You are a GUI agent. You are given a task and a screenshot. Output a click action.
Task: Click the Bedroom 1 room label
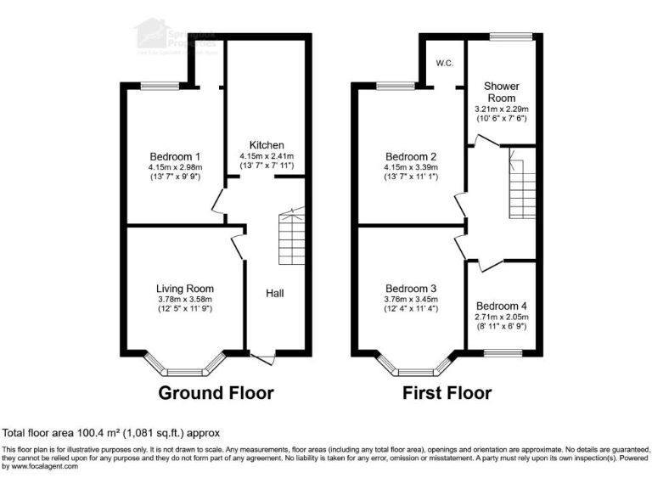175,157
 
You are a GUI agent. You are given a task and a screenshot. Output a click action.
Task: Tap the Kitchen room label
267,145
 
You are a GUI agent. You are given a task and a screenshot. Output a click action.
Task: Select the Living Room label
184,289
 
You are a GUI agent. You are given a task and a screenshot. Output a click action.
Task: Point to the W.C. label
444,63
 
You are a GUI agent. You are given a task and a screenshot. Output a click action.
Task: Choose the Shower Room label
501,92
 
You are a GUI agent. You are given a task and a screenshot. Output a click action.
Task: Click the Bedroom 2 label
411,157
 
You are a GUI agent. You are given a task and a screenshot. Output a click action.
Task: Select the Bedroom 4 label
501,306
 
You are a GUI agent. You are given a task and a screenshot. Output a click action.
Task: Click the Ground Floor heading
216,393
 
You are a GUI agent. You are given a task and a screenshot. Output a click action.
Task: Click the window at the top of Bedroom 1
160,85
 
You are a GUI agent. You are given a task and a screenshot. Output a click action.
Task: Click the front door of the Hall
263,357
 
